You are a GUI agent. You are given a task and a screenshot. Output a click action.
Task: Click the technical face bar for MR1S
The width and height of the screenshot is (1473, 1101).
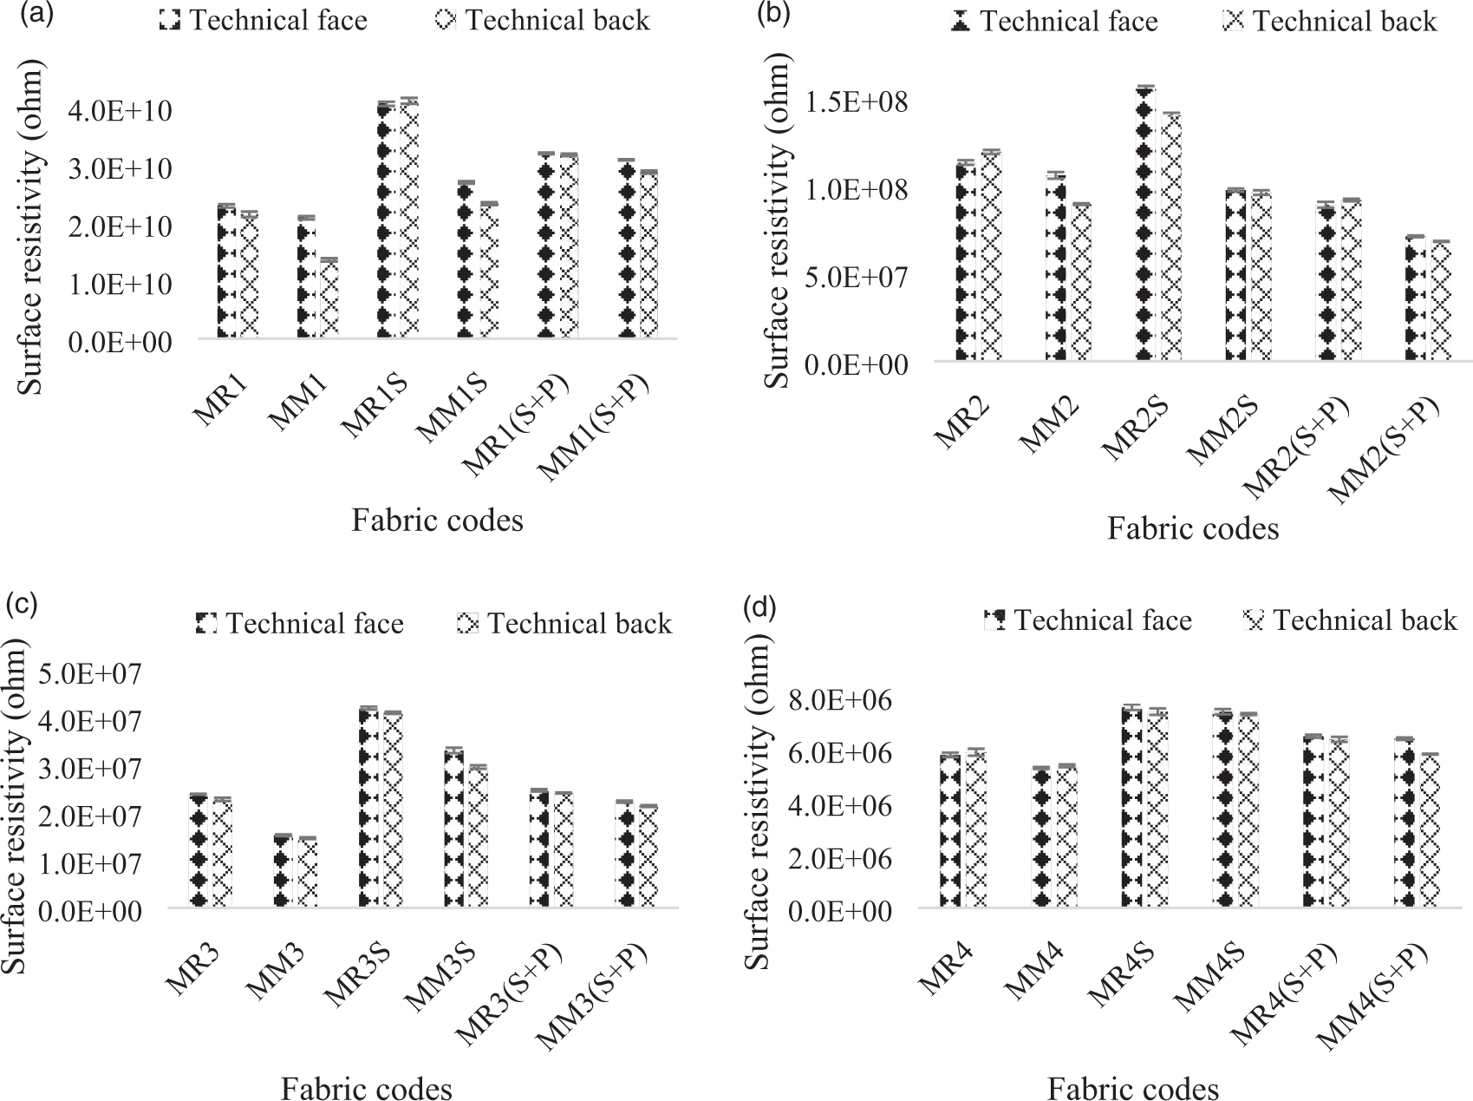click(386, 220)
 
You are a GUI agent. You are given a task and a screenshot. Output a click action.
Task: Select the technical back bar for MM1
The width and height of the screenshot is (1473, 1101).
click(329, 298)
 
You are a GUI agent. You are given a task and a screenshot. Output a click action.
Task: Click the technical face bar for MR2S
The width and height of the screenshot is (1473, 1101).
click(1145, 224)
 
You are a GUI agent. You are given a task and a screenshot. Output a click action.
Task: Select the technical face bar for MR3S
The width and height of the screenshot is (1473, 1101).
click(368, 809)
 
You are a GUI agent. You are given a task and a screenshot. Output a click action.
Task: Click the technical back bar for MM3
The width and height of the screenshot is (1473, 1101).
click(308, 873)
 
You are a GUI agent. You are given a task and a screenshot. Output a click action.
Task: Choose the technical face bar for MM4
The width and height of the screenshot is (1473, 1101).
click(1041, 838)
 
